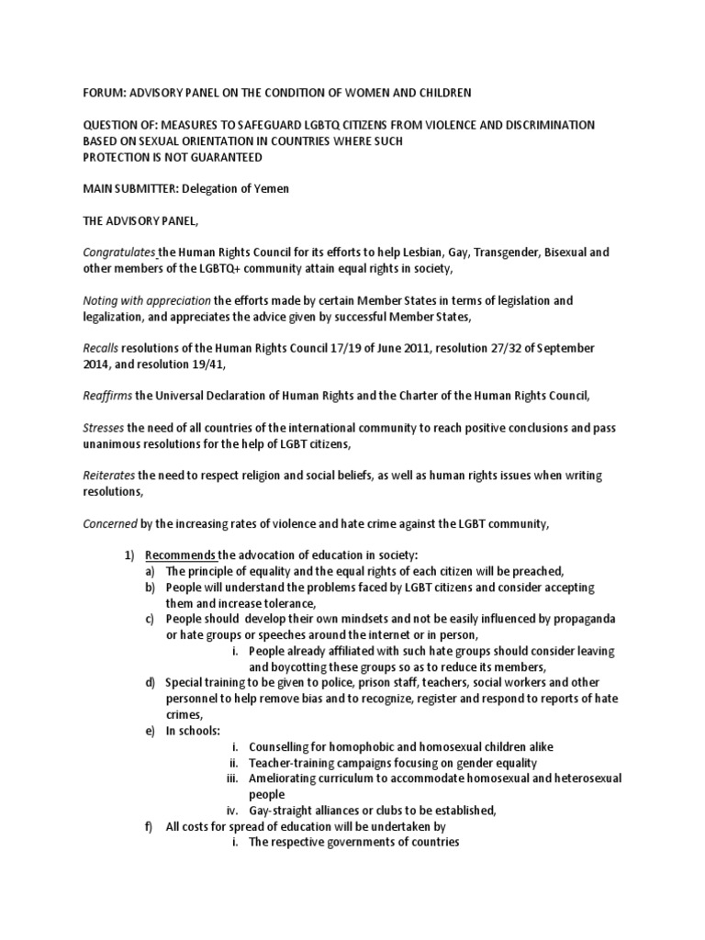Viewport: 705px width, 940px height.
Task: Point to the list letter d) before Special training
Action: pyautogui.click(x=150, y=683)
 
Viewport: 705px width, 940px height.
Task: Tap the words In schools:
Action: pyautogui.click(x=193, y=731)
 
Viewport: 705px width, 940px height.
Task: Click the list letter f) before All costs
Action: pyautogui.click(x=150, y=826)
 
